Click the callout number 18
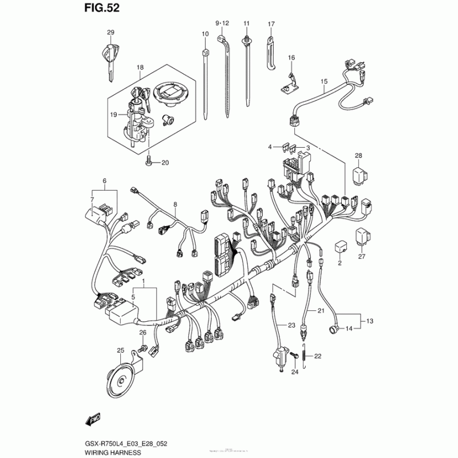[x=139, y=68]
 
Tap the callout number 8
[x=175, y=204]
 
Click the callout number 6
[x=105, y=181]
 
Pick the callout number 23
[x=291, y=325]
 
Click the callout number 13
[x=369, y=321]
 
